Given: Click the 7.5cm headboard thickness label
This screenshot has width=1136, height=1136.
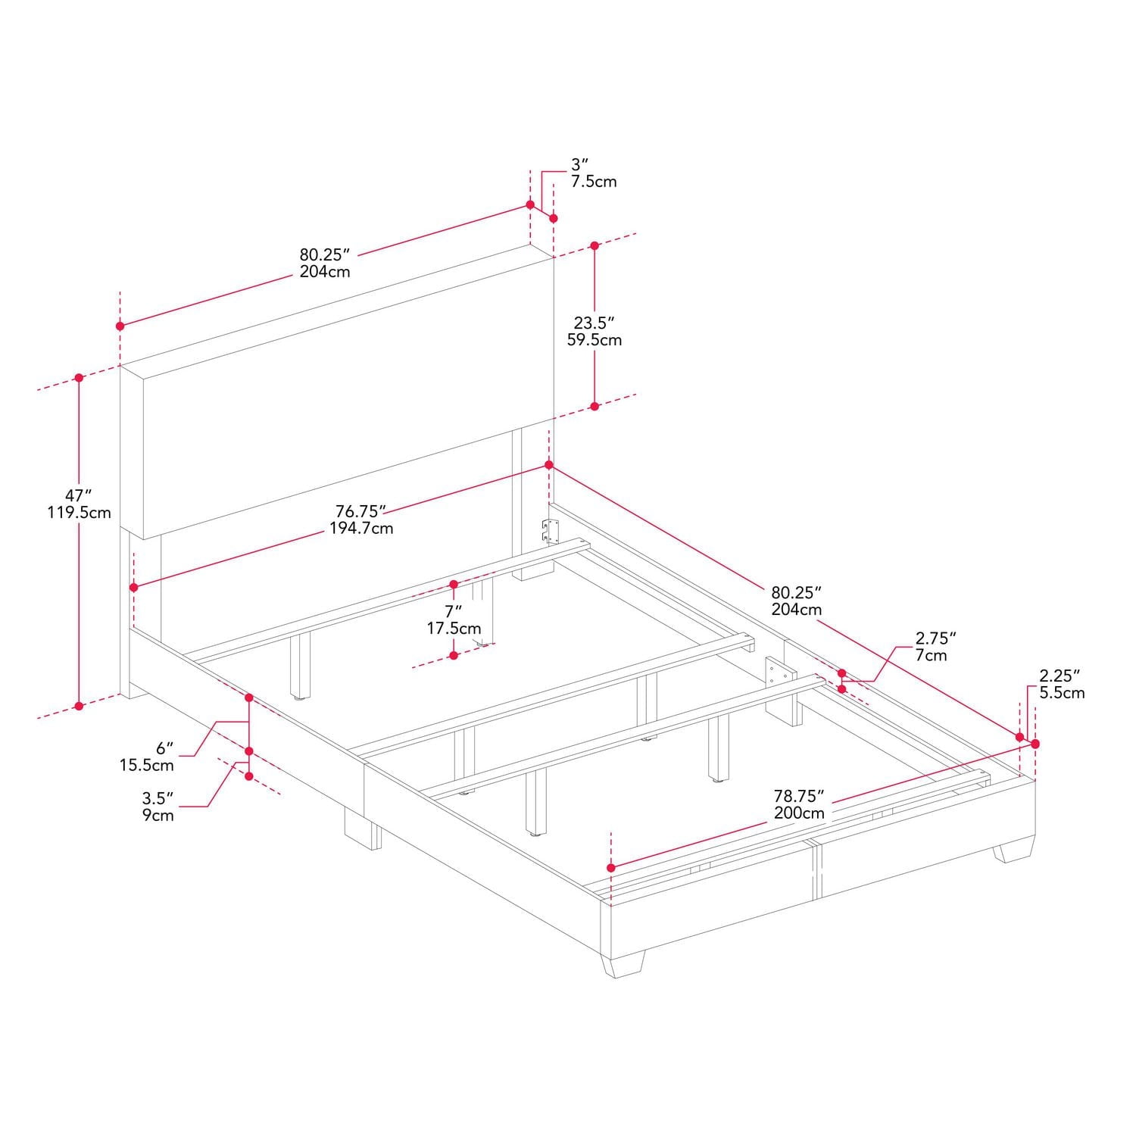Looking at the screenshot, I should [x=594, y=182].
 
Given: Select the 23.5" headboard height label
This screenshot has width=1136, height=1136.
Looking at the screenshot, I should [x=594, y=323].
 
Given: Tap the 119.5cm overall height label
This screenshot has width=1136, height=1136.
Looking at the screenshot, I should [x=79, y=513].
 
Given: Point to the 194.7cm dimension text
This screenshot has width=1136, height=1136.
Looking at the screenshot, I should [x=361, y=529].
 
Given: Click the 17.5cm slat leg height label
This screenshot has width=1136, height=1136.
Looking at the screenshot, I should [x=454, y=629].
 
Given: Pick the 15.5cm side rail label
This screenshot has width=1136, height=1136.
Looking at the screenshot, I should [x=146, y=766].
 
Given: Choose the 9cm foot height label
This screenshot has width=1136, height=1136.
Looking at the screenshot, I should [x=158, y=816].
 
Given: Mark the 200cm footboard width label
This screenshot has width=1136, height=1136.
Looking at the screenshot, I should [x=799, y=813].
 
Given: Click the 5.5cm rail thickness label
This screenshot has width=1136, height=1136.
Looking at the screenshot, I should [x=1062, y=693].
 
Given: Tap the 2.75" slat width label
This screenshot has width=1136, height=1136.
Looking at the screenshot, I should [x=936, y=638].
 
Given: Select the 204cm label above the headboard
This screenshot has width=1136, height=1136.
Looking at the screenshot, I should [x=324, y=272].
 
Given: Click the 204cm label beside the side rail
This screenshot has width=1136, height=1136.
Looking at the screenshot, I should [x=797, y=610].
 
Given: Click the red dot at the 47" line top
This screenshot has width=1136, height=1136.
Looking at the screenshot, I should [x=79, y=378].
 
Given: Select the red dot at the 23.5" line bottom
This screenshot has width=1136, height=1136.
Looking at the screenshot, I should [x=595, y=407].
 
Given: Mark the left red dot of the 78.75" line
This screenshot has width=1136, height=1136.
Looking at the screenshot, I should [x=610, y=867].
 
